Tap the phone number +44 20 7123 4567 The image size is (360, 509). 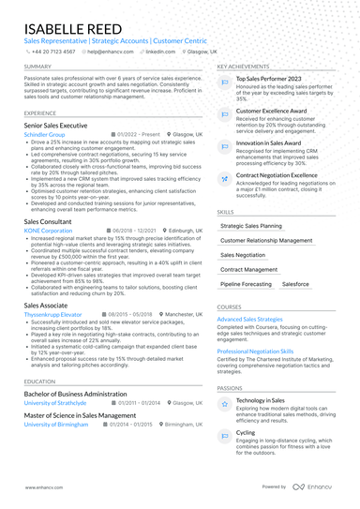pos(53,52)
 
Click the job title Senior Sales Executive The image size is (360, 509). pos(55,125)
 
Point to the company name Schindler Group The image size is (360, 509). pos(44,135)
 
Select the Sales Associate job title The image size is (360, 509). pos(45,305)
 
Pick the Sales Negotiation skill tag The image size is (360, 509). pos(243,255)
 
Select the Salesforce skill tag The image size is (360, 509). pos(295,283)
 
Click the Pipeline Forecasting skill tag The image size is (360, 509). pos(246,283)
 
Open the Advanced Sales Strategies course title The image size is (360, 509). pos(249,320)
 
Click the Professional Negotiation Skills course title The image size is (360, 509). pos(255,351)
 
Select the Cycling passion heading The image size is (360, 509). pos(245,432)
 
